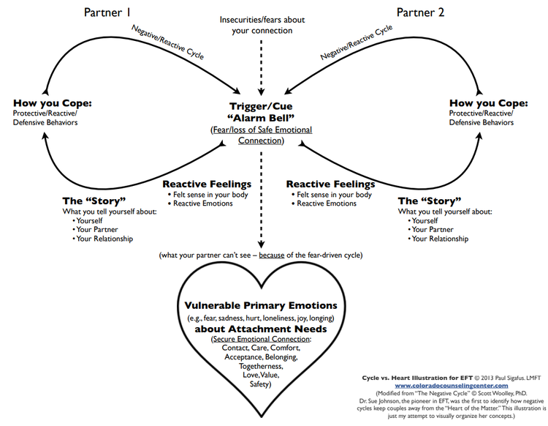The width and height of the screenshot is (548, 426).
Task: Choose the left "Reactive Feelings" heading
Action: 207,184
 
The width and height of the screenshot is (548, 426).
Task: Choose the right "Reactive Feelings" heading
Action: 330,184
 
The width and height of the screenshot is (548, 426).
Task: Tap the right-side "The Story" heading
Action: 430,201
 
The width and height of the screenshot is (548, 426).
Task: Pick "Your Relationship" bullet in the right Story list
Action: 440,239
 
